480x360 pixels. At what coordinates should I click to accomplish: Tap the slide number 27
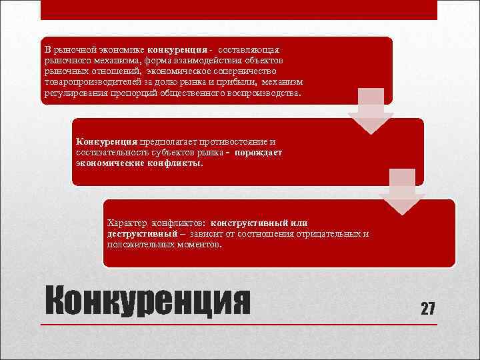tap(427, 308)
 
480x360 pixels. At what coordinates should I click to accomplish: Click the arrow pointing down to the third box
tap(402, 193)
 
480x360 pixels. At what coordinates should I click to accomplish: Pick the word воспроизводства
tap(263, 93)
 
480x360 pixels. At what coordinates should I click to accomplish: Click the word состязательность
tap(109, 153)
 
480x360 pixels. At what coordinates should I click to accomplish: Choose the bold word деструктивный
tap(141, 234)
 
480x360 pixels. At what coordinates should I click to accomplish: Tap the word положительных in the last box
tap(139, 245)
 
